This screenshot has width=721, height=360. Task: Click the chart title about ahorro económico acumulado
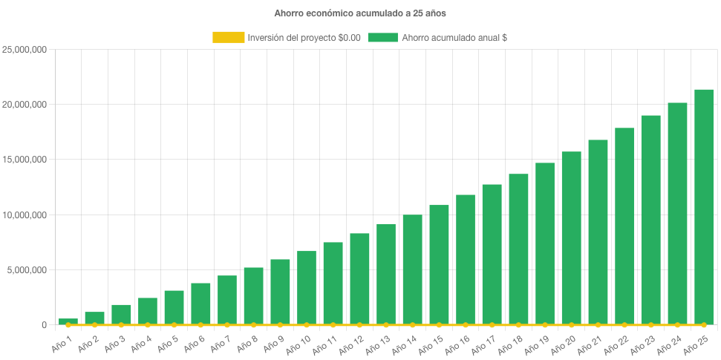[x=360, y=13]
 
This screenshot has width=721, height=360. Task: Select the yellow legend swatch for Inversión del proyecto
[x=227, y=37]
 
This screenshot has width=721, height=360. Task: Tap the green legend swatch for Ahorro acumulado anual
[x=382, y=37]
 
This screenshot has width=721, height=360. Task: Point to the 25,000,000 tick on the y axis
[x=26, y=50]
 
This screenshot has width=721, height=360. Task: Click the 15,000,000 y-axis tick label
[x=26, y=160]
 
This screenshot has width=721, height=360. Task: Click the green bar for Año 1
[x=68, y=321]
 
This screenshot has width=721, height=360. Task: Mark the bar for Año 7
[x=227, y=300]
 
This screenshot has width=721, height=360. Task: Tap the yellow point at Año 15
[x=439, y=325]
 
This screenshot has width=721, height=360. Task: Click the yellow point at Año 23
[x=650, y=325]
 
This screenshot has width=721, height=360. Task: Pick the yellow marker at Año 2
[x=95, y=325]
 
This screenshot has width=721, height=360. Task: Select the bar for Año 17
[x=492, y=254]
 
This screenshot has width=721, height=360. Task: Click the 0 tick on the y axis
[x=45, y=324]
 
